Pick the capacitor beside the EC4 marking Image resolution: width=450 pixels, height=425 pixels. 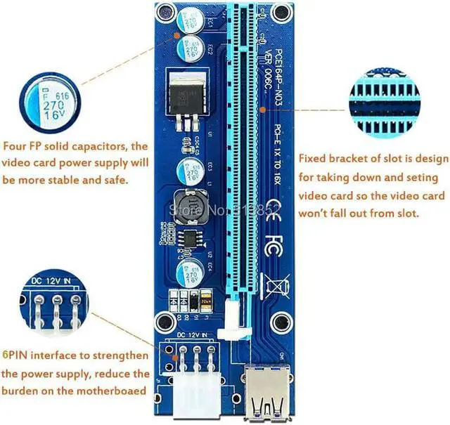point(192,272)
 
